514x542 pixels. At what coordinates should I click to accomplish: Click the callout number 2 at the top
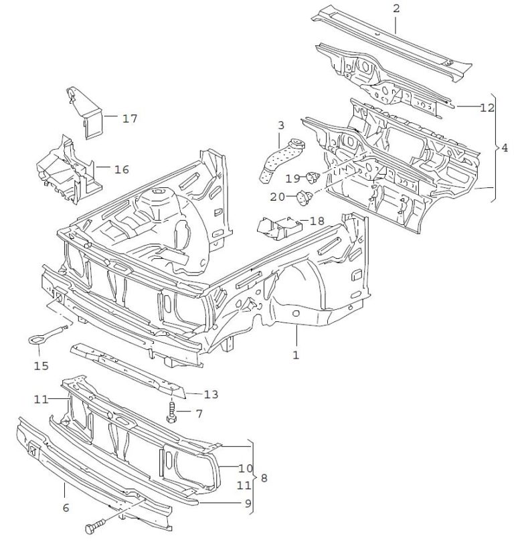pyautogui.click(x=396, y=8)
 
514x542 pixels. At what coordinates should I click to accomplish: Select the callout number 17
pyautogui.click(x=130, y=118)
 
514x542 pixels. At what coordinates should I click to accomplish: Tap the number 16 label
pyautogui.click(x=121, y=169)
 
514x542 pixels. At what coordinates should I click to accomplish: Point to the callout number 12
pyautogui.click(x=487, y=108)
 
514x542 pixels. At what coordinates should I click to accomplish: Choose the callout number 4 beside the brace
pyautogui.click(x=505, y=148)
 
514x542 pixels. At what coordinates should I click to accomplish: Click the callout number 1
pyautogui.click(x=296, y=355)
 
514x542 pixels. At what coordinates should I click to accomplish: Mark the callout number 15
pyautogui.click(x=41, y=366)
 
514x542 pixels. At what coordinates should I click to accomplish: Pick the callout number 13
pyautogui.click(x=211, y=394)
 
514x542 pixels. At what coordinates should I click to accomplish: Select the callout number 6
pyautogui.click(x=66, y=507)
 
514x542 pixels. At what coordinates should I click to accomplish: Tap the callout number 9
pyautogui.click(x=248, y=504)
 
